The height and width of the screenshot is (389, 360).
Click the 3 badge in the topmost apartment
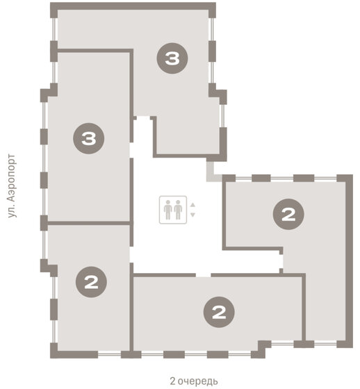(172, 58)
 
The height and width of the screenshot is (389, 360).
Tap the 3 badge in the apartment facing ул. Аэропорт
(88, 138)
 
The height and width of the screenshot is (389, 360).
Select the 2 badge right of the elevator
(288, 214)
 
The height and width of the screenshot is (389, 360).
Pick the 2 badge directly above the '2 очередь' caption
(219, 312)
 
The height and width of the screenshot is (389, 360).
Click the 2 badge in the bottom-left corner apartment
(91, 282)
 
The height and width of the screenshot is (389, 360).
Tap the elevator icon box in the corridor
(173, 210)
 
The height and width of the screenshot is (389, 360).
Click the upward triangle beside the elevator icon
(193, 205)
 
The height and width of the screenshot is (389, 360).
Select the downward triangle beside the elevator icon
(193, 215)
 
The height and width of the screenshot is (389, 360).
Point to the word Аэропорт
(11, 178)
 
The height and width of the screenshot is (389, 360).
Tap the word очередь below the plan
(198, 381)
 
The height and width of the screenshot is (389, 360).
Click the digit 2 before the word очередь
(173, 381)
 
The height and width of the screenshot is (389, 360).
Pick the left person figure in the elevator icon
(168, 210)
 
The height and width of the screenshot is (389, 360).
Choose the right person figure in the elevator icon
(178, 210)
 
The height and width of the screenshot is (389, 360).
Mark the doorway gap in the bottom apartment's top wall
(203, 275)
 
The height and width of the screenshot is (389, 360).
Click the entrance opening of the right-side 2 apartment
(281, 261)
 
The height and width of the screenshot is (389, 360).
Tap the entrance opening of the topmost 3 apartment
(143, 118)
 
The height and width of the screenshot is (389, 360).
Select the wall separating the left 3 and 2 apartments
(89, 223)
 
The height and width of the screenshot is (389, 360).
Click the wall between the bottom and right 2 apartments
(304, 307)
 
